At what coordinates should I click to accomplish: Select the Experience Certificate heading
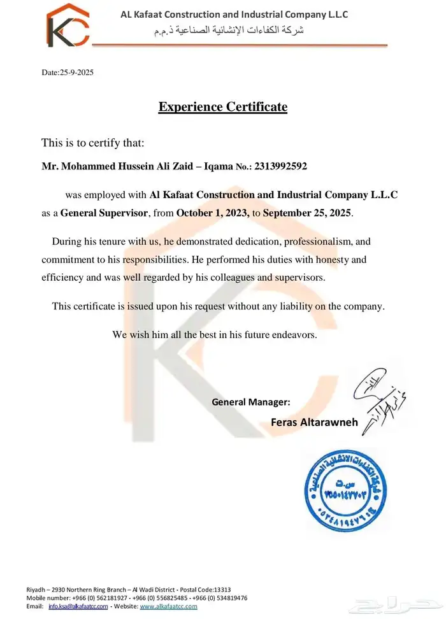coord(223,107)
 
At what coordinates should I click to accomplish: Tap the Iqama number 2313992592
coord(280,167)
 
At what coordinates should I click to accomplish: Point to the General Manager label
coord(251,402)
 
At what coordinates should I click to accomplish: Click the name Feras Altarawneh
coord(315,422)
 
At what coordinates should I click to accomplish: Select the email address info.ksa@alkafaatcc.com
coord(78,607)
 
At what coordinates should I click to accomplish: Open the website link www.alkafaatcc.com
coord(168,607)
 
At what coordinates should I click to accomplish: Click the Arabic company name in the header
coord(230,31)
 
